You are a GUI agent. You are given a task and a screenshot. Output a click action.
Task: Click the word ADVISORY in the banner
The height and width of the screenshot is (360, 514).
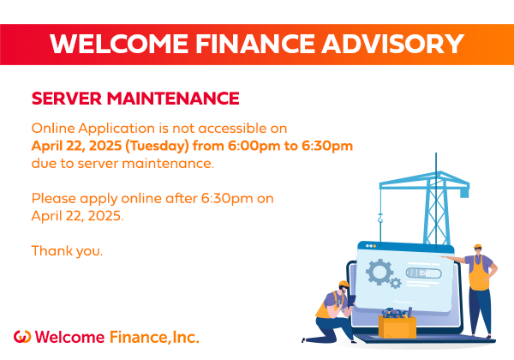(392, 44)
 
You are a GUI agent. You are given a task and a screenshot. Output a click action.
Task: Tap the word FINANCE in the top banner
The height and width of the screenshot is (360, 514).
(255, 44)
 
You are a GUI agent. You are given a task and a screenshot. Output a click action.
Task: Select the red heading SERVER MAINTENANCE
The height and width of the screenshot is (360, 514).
(135, 99)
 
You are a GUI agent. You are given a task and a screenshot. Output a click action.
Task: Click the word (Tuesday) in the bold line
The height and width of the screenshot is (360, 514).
(158, 147)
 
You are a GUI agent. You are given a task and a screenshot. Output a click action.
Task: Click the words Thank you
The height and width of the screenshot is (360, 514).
(67, 251)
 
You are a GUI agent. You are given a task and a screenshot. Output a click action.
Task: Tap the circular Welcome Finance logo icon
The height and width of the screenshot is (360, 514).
(22, 337)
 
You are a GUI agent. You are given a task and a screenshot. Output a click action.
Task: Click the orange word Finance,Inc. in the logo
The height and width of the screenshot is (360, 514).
(154, 337)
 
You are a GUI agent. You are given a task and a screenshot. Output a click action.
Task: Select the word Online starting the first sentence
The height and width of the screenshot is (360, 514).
(53, 129)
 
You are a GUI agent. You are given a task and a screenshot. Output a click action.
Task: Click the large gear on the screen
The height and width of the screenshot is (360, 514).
(380, 272)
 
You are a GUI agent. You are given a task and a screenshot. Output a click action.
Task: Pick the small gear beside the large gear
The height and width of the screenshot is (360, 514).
(395, 283)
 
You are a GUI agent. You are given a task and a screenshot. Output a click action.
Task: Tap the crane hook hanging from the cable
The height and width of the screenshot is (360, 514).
(380, 218)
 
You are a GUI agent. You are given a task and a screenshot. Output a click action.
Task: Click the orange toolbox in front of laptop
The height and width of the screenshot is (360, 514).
(397, 327)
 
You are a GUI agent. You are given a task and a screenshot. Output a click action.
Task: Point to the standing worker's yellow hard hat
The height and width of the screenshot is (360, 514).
(478, 246)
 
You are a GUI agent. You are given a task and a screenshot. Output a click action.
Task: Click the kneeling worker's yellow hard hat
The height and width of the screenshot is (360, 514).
(344, 283)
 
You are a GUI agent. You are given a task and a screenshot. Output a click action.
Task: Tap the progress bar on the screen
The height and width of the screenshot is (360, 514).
(423, 273)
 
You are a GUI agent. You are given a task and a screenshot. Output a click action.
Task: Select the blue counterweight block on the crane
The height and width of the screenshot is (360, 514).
(464, 193)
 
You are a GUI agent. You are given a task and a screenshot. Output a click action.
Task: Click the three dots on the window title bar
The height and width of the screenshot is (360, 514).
(371, 246)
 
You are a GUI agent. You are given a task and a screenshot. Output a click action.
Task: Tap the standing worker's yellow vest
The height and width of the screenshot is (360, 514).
(479, 274)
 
